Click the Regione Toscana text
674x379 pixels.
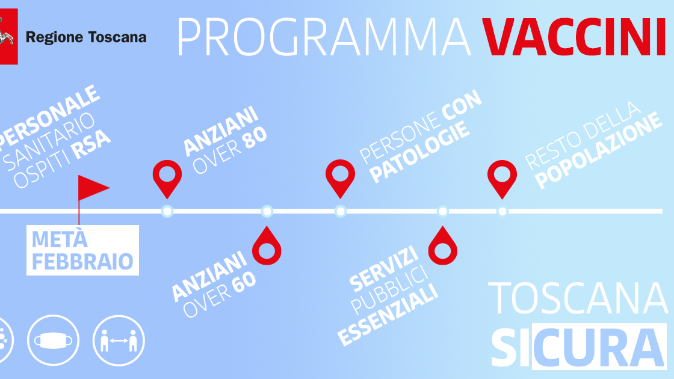coord(86,37)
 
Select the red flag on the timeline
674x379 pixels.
coord(93,188)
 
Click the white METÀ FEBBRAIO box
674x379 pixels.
coord(82,250)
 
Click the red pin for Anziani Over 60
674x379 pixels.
coord(267,246)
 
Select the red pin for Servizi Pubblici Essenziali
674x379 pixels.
coord(443,246)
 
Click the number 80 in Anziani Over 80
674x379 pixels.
coord(255,138)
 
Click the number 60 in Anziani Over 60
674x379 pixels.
coord(244,283)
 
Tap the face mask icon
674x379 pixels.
coord(54,340)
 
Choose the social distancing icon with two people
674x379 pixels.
coord(119,340)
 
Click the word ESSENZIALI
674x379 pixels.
coord(388,315)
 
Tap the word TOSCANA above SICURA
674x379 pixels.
coord(578,298)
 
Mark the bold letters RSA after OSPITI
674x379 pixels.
coord(91,145)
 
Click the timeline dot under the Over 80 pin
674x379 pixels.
coord(167,211)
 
